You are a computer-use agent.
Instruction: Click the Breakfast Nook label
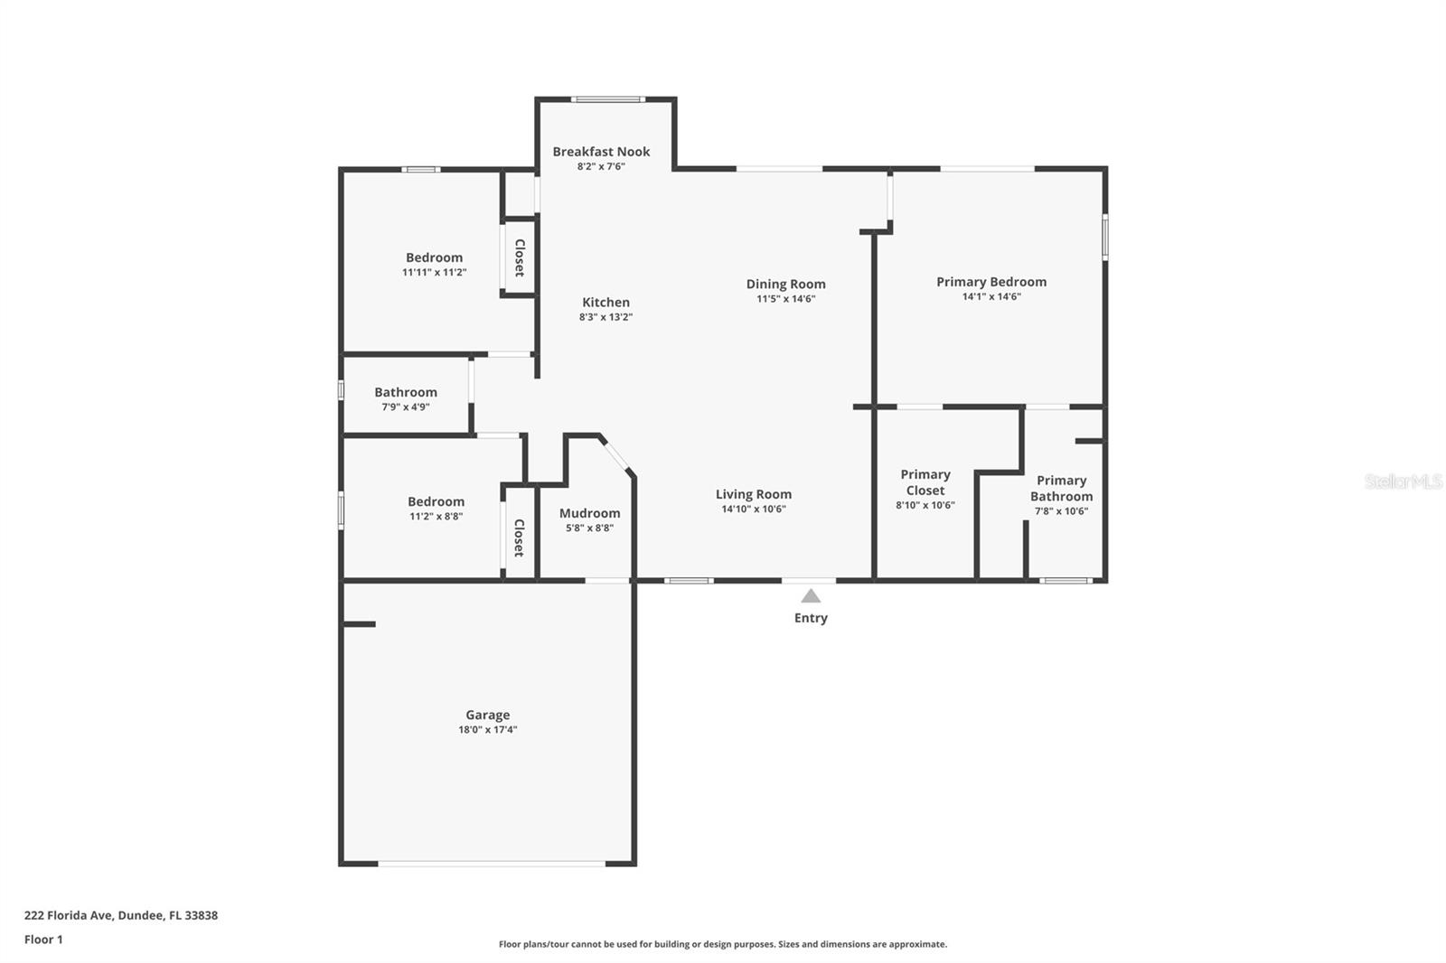(601, 152)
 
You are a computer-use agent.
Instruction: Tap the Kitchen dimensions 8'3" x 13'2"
(606, 317)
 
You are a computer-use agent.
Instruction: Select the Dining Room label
(785, 284)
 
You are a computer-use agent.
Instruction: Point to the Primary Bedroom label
(991, 282)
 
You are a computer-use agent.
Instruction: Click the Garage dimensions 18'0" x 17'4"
(487, 730)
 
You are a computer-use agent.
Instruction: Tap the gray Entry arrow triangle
(811, 596)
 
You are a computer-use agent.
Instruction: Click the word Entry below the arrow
(811, 618)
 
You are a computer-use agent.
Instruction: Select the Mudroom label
(589, 513)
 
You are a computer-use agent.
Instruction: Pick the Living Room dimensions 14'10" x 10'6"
(753, 510)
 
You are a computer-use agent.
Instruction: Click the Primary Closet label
(925, 482)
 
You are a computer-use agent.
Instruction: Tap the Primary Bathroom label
(1061, 488)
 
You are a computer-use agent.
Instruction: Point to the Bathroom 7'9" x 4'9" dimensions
(405, 407)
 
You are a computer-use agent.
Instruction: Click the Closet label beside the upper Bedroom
(520, 257)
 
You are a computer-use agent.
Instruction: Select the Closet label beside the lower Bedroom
(520, 538)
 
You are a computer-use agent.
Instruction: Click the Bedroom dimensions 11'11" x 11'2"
(434, 273)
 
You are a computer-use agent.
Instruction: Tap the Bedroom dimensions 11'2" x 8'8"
(436, 517)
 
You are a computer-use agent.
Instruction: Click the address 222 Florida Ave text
(120, 915)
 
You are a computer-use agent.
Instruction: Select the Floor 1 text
(43, 940)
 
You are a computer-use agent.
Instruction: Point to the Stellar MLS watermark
(1403, 481)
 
